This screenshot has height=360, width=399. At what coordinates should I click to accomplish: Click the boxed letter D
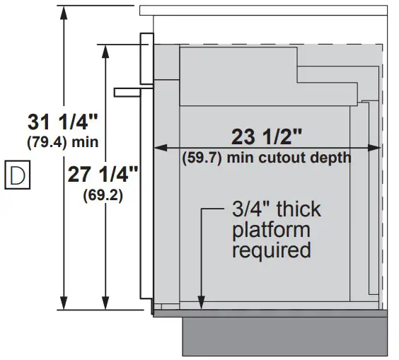pos(18,175)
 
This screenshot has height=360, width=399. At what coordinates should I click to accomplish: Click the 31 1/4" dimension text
pos(62,122)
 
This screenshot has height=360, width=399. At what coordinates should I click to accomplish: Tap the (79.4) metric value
pos(45,142)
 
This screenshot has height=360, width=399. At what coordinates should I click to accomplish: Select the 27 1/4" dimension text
pos(103,175)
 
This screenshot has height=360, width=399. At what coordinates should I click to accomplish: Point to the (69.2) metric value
pos(103,195)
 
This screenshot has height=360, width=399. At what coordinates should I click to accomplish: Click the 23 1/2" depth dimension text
pos(267,137)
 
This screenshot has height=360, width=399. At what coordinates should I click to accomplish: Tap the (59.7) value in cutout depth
pos(202,158)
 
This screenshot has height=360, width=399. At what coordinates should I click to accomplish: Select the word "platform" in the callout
pos(271,231)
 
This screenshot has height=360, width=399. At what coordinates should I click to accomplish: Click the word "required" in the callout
pos(272,250)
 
